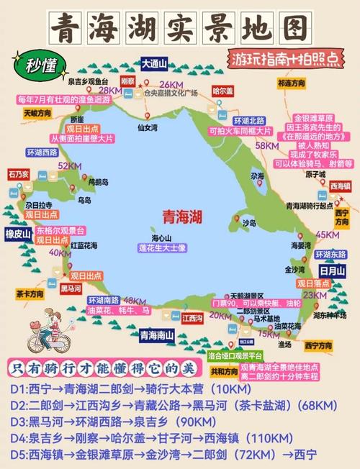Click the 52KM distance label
click(69, 166)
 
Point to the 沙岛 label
click(249, 223)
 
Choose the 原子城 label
click(315, 175)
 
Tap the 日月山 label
click(332, 270)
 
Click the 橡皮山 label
click(17, 234)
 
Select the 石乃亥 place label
click(19, 174)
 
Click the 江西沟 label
click(192, 317)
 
